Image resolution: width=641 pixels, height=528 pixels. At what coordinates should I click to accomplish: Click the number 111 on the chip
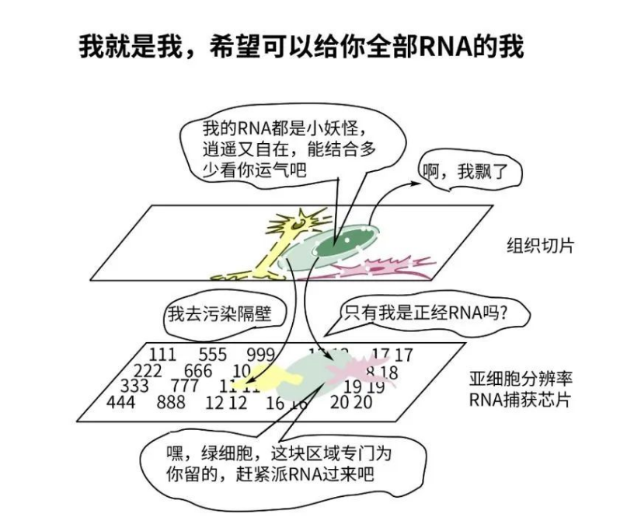click(162, 355)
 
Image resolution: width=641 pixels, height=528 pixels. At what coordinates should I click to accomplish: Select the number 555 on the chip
click(212, 355)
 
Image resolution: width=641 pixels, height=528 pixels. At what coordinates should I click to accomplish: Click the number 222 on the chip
click(148, 371)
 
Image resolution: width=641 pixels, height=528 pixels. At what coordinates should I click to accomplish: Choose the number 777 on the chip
click(184, 386)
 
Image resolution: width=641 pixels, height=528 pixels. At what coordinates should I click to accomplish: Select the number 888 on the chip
click(170, 402)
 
